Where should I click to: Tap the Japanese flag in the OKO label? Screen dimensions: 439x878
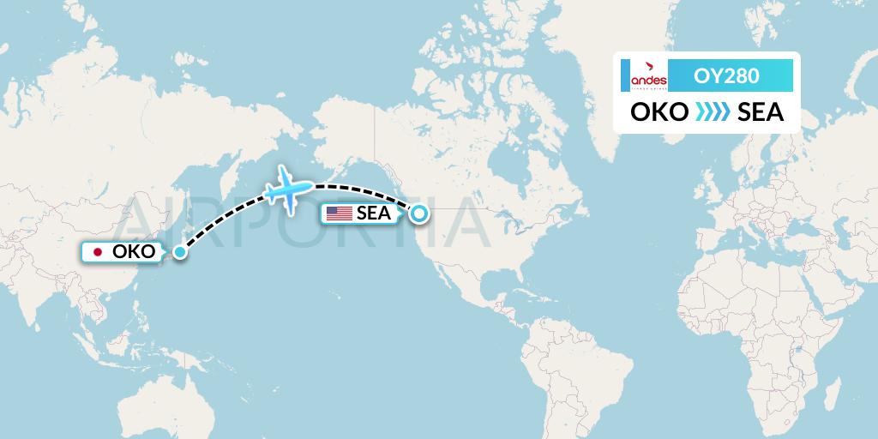(98, 252)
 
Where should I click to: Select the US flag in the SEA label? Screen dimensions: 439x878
(339, 213)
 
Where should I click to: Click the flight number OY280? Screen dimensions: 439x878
(726, 76)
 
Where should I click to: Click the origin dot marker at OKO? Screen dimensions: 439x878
(179, 252)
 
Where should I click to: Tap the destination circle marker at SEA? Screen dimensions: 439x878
(419, 214)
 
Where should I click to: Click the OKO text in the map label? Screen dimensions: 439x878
(134, 252)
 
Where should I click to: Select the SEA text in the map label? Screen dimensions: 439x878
(374, 214)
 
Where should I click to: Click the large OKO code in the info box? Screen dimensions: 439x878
(658, 112)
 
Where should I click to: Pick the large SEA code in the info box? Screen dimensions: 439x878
(761, 112)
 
